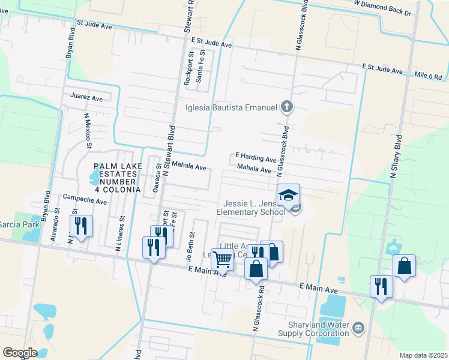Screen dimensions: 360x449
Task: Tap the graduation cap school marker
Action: click(x=288, y=195)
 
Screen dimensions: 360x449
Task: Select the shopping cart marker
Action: click(x=223, y=260)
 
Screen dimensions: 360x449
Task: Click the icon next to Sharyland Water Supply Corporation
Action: click(x=358, y=327)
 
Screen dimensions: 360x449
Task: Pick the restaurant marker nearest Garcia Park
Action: click(x=81, y=226)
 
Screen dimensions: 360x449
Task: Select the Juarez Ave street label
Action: click(x=86, y=97)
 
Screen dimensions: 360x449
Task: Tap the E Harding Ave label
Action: click(x=256, y=157)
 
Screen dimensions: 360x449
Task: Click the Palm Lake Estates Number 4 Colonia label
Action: click(x=117, y=178)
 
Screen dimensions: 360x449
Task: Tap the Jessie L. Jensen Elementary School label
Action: click(x=251, y=208)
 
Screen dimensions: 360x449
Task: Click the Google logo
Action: click(x=20, y=352)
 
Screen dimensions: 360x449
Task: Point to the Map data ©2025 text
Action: click(x=424, y=355)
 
